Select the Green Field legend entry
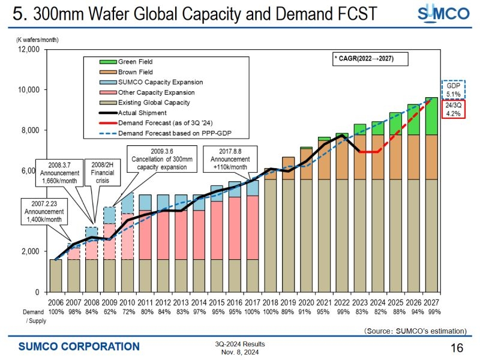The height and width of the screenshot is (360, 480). [x=135, y=61]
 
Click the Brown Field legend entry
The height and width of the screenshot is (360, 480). [x=135, y=72]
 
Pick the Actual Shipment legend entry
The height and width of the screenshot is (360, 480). [x=142, y=113]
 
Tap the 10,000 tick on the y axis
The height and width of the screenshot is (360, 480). [x=29, y=90]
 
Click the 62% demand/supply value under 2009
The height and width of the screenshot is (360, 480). [x=109, y=312]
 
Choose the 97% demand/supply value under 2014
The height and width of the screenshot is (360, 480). [x=199, y=312]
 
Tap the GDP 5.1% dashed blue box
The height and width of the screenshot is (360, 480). [x=454, y=90]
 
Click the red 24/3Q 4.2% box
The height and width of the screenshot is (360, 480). [x=454, y=109]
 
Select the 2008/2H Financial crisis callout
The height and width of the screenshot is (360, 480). [x=104, y=172]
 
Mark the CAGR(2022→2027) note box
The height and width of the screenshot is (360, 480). [x=370, y=58]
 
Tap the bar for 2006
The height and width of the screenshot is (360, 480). [x=55, y=275]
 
